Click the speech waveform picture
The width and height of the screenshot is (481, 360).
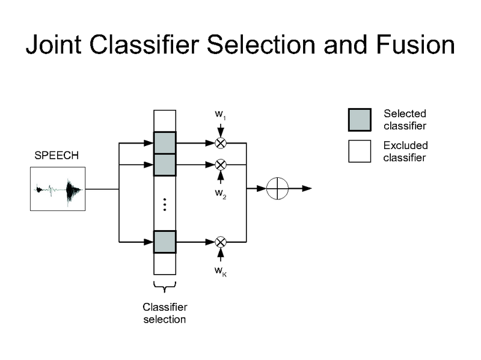(58, 189)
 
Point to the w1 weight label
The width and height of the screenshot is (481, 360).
(220, 114)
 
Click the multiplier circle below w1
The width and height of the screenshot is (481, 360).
(221, 143)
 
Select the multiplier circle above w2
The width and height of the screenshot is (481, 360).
(221, 164)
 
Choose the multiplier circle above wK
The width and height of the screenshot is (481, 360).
(221, 242)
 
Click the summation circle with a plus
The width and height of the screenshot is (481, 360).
(277, 188)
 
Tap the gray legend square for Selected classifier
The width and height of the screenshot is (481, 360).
(360, 120)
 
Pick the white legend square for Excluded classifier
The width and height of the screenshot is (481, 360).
(360, 151)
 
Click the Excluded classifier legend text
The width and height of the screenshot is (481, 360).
(405, 151)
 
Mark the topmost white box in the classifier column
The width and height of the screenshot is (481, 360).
(165, 121)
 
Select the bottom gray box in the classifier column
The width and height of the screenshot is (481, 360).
(165, 242)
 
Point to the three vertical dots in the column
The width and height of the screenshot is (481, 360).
(165, 204)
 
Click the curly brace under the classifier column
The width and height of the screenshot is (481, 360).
(165, 286)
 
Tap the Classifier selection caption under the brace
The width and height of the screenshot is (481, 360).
(165, 313)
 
